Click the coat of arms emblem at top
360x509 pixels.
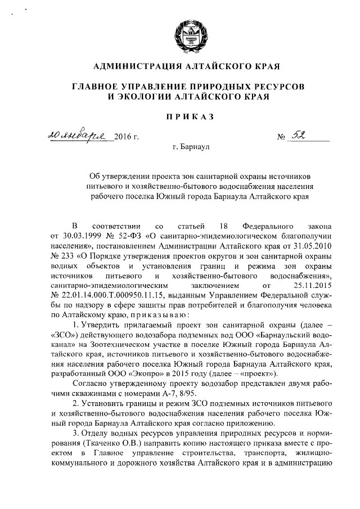click(x=186, y=33)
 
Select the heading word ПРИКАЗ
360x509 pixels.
click(x=185, y=116)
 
